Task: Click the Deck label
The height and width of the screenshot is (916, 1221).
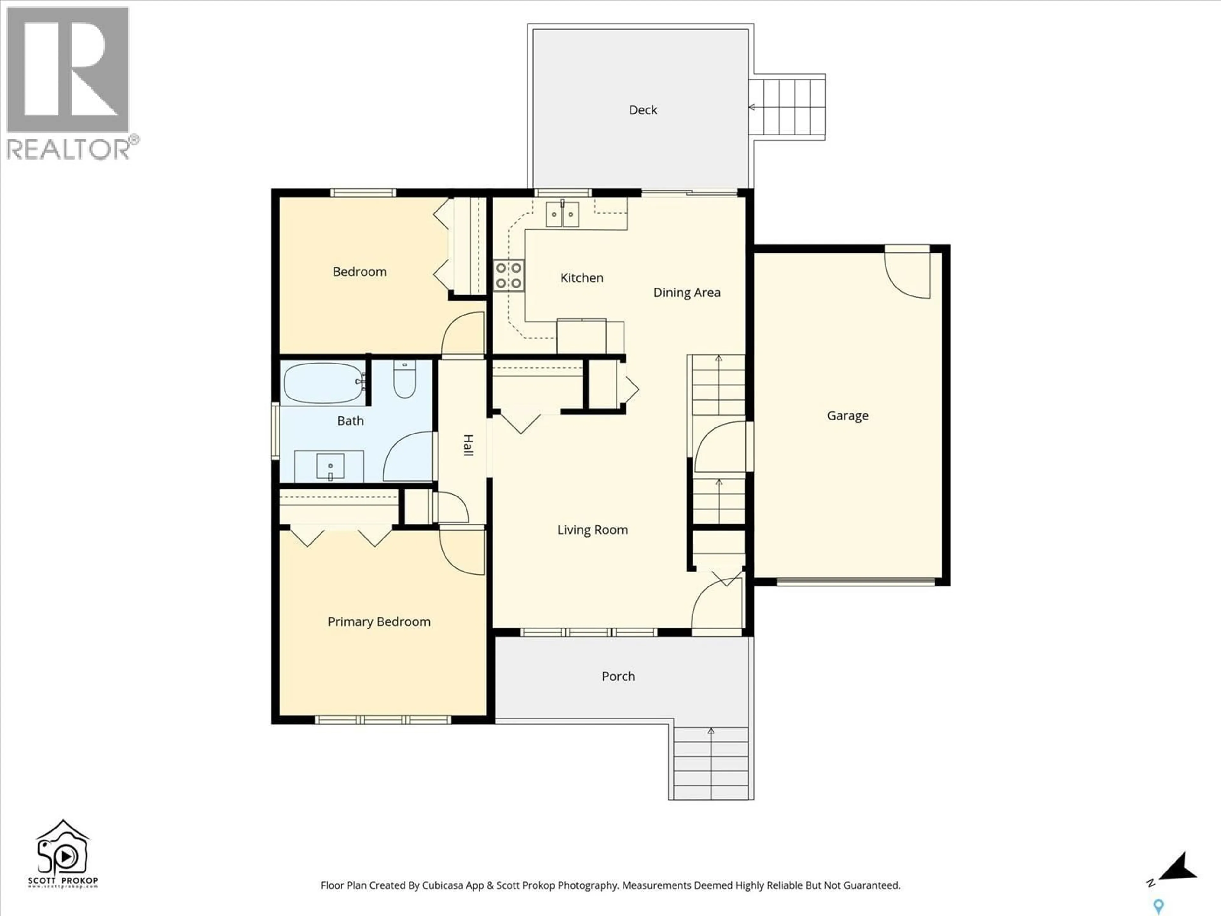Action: [643, 110]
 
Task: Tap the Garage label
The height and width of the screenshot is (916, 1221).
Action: [847, 416]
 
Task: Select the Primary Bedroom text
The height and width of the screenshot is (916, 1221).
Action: [379, 622]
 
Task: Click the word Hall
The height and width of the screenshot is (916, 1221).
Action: [467, 445]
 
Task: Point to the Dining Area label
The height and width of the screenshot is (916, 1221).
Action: [687, 293]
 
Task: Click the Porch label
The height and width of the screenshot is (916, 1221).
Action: [618, 677]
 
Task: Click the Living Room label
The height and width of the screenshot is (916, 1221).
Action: [592, 530]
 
